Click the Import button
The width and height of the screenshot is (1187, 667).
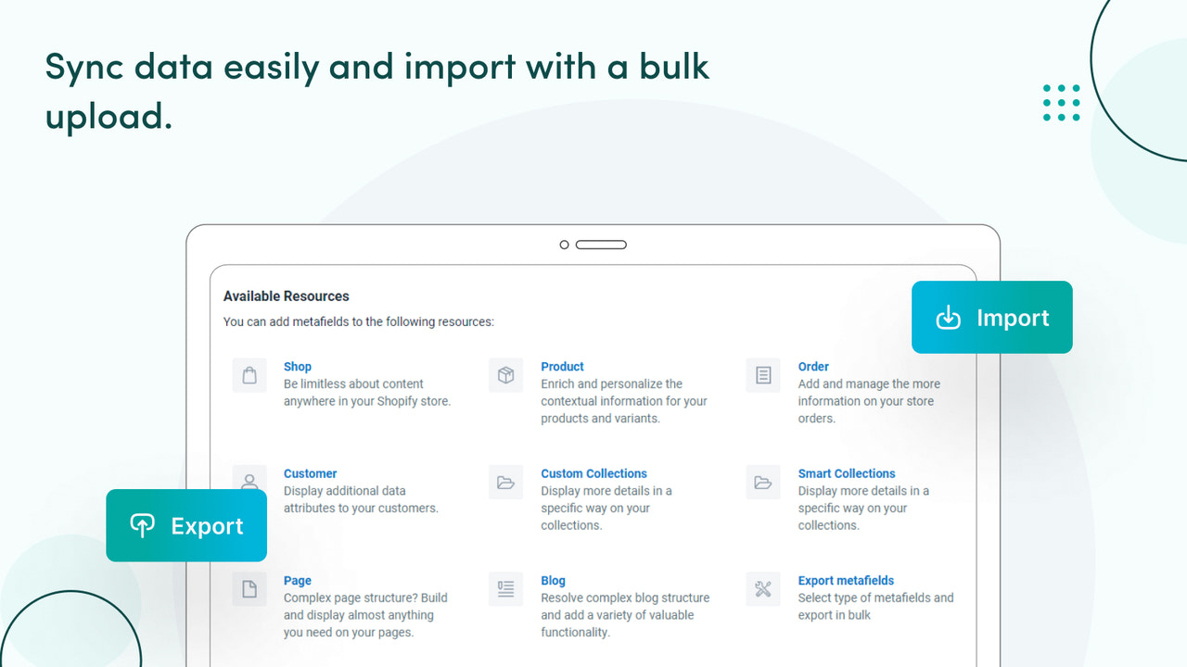point(991,318)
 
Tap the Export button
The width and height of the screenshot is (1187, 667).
point(186,526)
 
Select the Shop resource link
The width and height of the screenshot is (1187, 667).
point(298,367)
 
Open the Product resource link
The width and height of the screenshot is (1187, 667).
point(562,367)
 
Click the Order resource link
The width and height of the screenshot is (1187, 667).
point(813,367)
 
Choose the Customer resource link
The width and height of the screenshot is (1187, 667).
point(310,473)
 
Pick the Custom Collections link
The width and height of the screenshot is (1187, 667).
point(593,473)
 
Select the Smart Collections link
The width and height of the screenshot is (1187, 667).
point(847,473)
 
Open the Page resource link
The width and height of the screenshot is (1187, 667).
point(297,581)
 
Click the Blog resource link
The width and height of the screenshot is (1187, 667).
point(553,581)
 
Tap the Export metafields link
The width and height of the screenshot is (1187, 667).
point(846,581)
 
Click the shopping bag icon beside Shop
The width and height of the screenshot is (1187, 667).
point(249,375)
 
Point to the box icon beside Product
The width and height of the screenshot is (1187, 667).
point(506,375)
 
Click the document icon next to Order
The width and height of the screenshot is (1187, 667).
point(763,375)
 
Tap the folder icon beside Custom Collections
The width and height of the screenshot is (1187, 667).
point(506,482)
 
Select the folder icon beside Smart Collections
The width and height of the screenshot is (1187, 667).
point(763,482)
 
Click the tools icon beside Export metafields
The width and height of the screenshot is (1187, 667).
point(763,589)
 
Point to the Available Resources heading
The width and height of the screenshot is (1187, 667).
point(286,296)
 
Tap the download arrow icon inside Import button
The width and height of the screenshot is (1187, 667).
point(948,318)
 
